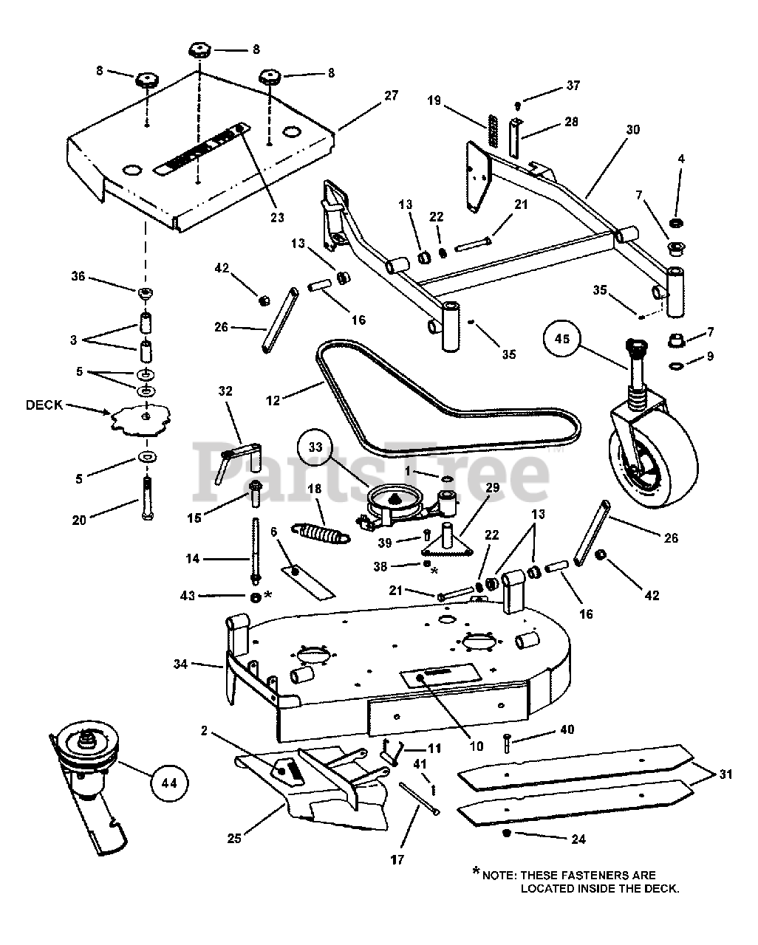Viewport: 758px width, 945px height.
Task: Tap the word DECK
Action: (x=45, y=405)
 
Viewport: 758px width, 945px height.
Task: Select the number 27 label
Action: (x=391, y=95)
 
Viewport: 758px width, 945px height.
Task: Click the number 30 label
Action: (x=632, y=129)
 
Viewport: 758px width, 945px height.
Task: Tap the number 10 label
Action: (x=477, y=746)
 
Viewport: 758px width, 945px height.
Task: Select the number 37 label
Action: (x=573, y=86)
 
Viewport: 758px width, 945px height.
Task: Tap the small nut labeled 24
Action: (x=506, y=833)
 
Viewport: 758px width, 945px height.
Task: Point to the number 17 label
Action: (x=397, y=859)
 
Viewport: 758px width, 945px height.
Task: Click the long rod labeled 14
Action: (x=255, y=550)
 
